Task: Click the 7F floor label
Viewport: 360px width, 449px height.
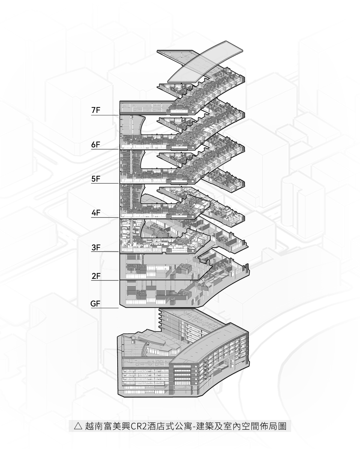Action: (x=96, y=110)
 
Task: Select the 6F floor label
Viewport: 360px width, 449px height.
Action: (x=96, y=144)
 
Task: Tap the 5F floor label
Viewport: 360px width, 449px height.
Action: (x=96, y=179)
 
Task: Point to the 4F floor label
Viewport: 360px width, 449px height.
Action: (x=96, y=212)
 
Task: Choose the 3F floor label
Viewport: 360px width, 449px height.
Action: (x=96, y=247)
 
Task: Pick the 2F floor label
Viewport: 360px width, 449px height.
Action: (x=96, y=276)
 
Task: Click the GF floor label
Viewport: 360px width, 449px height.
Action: (x=95, y=303)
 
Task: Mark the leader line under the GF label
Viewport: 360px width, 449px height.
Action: (x=105, y=308)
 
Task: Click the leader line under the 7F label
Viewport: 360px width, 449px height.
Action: (x=105, y=115)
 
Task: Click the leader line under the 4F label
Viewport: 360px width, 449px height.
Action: (x=105, y=217)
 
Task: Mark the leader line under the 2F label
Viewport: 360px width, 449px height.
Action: (x=105, y=280)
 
